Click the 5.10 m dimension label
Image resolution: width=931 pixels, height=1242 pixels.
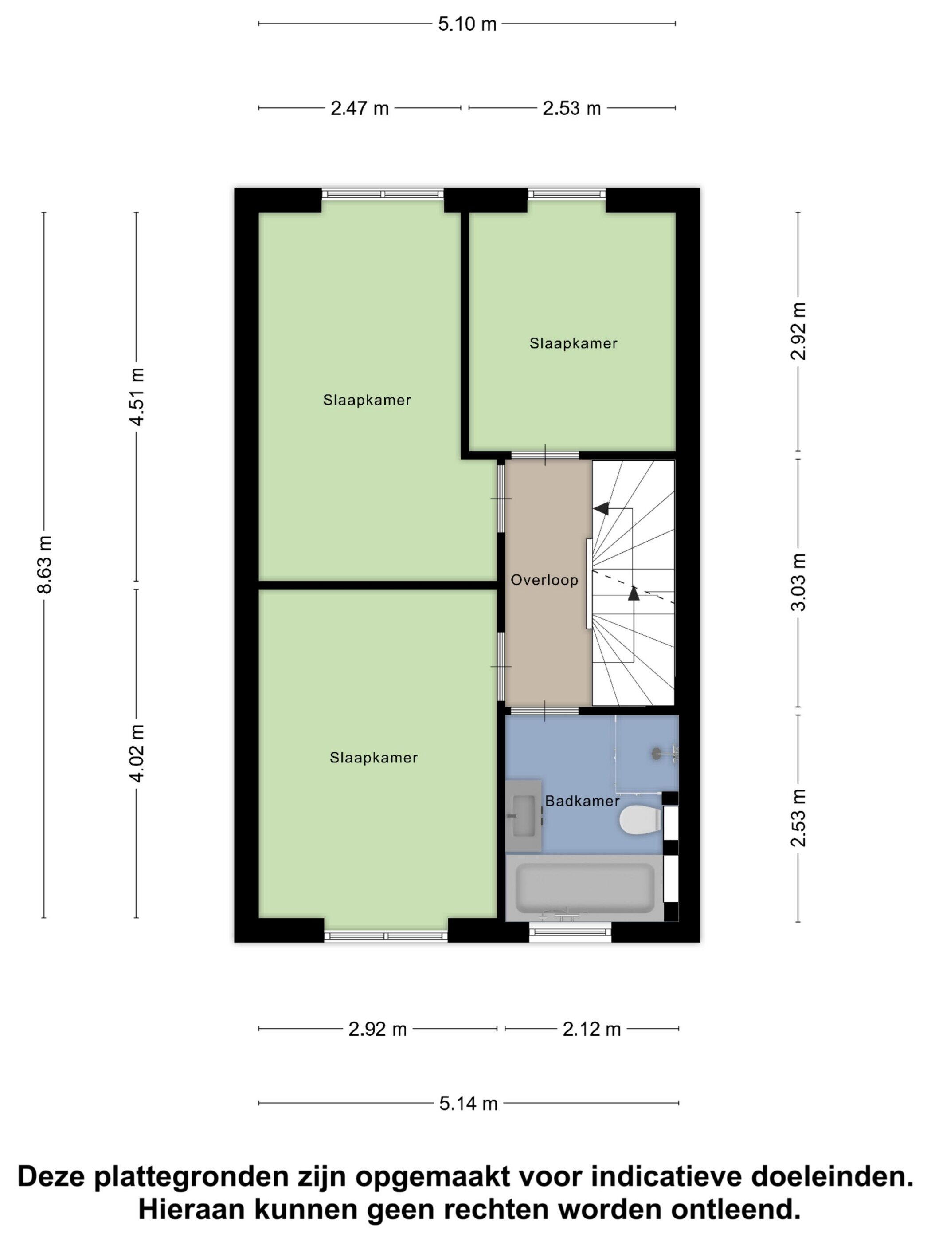pos(467,24)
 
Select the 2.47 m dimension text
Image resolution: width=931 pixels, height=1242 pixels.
pos(359,108)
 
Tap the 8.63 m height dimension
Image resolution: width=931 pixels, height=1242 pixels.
pos(44,564)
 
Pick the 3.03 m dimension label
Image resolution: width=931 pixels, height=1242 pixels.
pos(798,582)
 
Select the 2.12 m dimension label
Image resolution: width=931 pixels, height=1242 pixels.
pos(591,1029)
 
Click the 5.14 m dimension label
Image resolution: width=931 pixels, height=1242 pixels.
pos(468,1104)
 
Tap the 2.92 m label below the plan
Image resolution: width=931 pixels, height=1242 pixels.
pos(377,1029)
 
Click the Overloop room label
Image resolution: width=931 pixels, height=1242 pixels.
pos(544,580)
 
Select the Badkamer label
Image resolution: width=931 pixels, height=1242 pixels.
pos(582,801)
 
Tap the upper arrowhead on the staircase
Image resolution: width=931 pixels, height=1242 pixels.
pos(601,509)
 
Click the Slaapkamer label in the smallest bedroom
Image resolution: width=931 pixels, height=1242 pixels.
pos(573,343)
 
